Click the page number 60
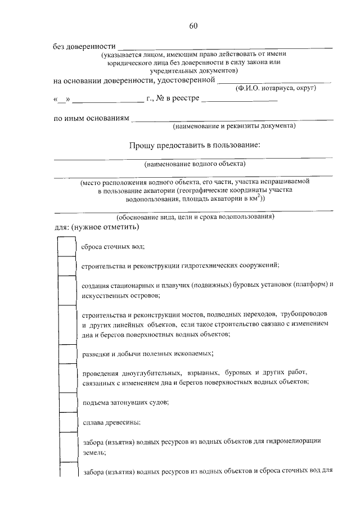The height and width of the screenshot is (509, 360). point(193,26)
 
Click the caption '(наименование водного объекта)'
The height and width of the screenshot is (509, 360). point(194,164)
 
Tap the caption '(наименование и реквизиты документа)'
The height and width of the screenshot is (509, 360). point(234,127)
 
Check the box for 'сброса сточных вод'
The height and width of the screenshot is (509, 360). point(67,246)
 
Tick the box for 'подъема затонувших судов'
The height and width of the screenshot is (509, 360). point(67,402)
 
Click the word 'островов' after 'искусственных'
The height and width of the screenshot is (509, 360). point(144,295)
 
